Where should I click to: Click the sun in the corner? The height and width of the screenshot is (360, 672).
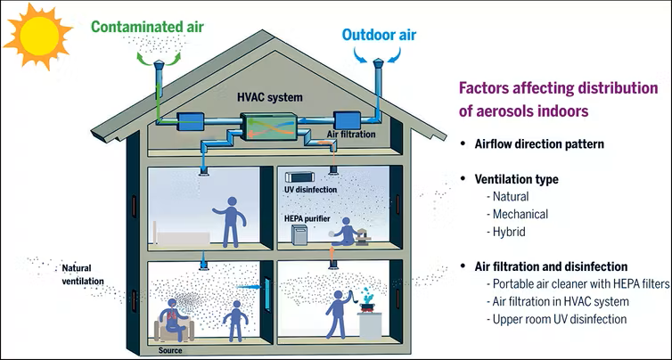37,36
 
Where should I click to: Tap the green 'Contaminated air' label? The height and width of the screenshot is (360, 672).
147,27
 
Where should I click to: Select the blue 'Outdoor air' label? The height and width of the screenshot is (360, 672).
380,35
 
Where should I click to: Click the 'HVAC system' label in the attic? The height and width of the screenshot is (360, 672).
270,97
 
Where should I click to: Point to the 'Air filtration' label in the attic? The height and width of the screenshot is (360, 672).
351,135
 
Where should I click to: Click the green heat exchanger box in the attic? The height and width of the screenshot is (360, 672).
269,126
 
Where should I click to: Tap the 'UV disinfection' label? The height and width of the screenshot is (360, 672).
310,189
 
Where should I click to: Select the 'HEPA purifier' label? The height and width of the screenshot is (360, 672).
307,219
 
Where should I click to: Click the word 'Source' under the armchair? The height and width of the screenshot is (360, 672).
169,350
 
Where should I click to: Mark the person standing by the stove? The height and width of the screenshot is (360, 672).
338,314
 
